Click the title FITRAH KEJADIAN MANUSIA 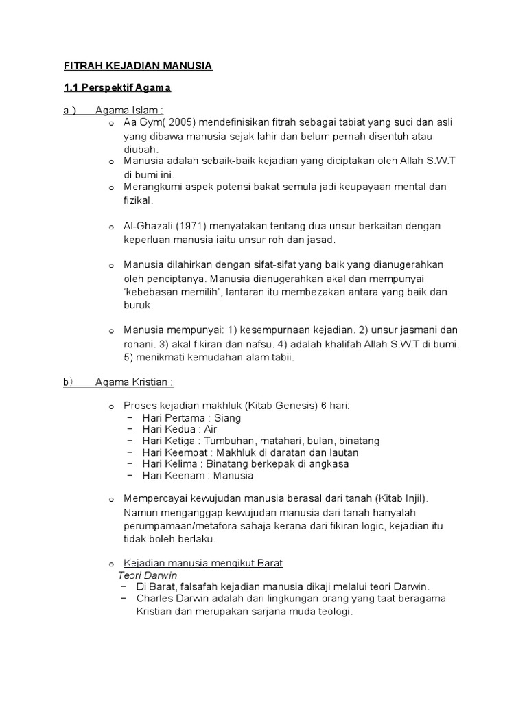click(138, 66)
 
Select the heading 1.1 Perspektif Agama click(117, 88)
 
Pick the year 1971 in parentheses click(190, 226)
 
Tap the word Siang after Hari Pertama click(227, 417)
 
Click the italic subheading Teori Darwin click(148, 575)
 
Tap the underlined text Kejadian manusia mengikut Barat click(203, 563)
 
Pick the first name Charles click(155, 599)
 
